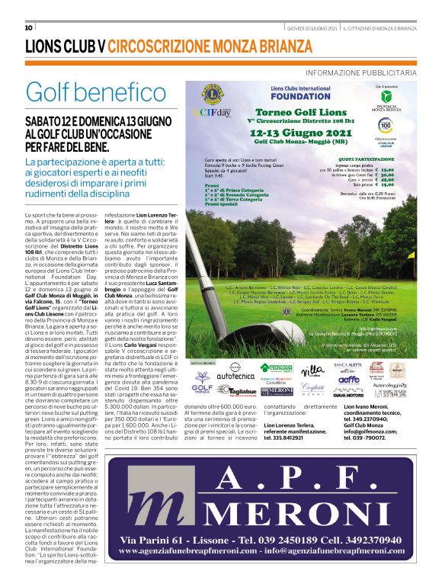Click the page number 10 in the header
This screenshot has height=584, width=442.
[29, 28]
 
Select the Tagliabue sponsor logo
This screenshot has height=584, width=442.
[233, 390]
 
